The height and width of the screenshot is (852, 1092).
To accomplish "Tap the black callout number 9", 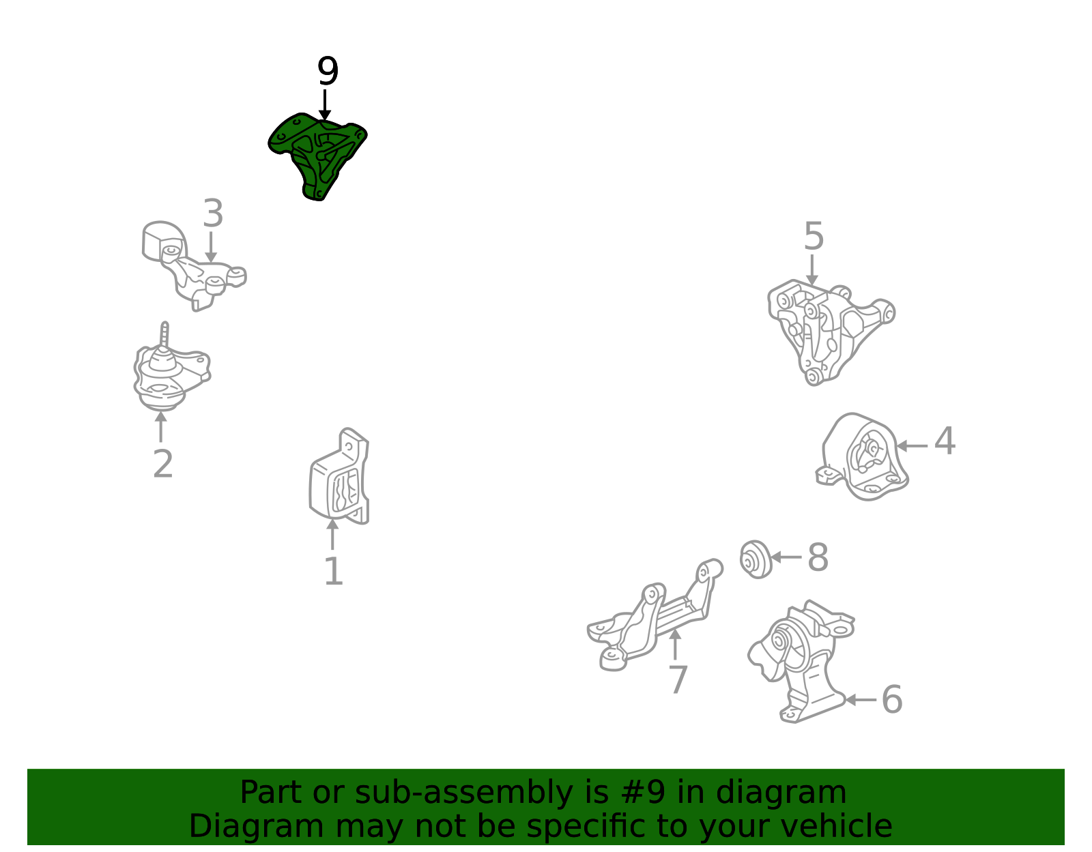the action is pyautogui.click(x=328, y=72).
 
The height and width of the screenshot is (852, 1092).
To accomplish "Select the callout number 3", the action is pyautogui.click(x=212, y=214).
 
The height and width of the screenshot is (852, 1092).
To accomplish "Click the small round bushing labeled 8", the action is pyautogui.click(x=756, y=559).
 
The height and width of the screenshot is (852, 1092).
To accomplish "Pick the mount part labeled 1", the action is pyautogui.click(x=339, y=477).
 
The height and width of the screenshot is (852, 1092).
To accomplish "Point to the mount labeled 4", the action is pyautogui.click(x=861, y=457).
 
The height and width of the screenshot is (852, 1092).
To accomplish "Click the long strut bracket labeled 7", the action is pyautogui.click(x=653, y=617).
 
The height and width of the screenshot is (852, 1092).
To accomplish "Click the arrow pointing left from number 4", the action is pyautogui.click(x=912, y=446).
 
